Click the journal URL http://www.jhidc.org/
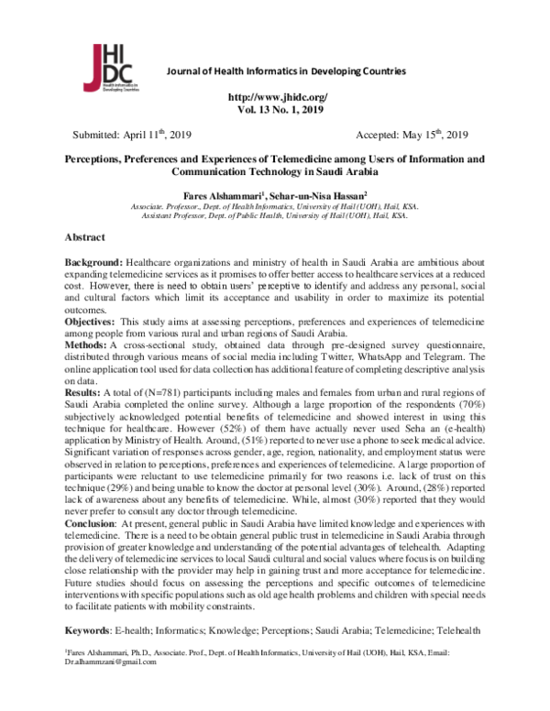275,97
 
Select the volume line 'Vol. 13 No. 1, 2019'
275,109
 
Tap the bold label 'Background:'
93,263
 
